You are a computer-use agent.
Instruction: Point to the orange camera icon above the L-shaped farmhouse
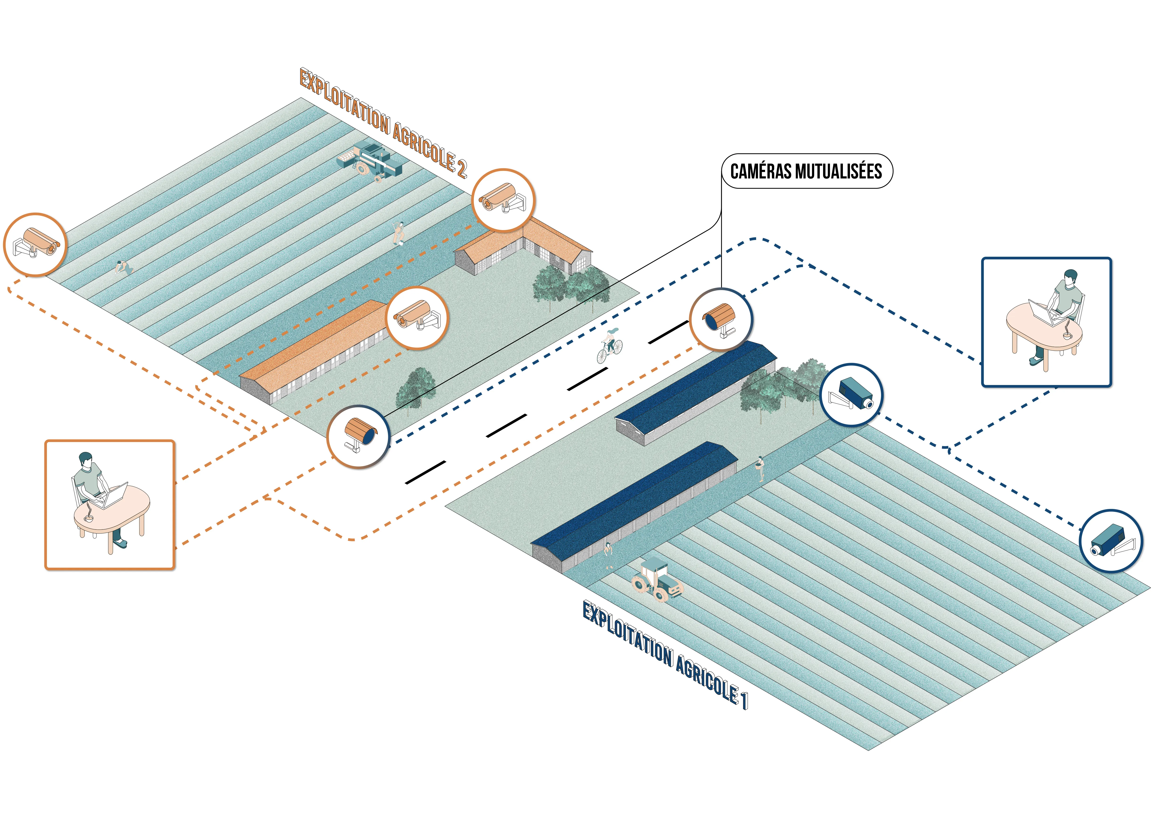(504, 200)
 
